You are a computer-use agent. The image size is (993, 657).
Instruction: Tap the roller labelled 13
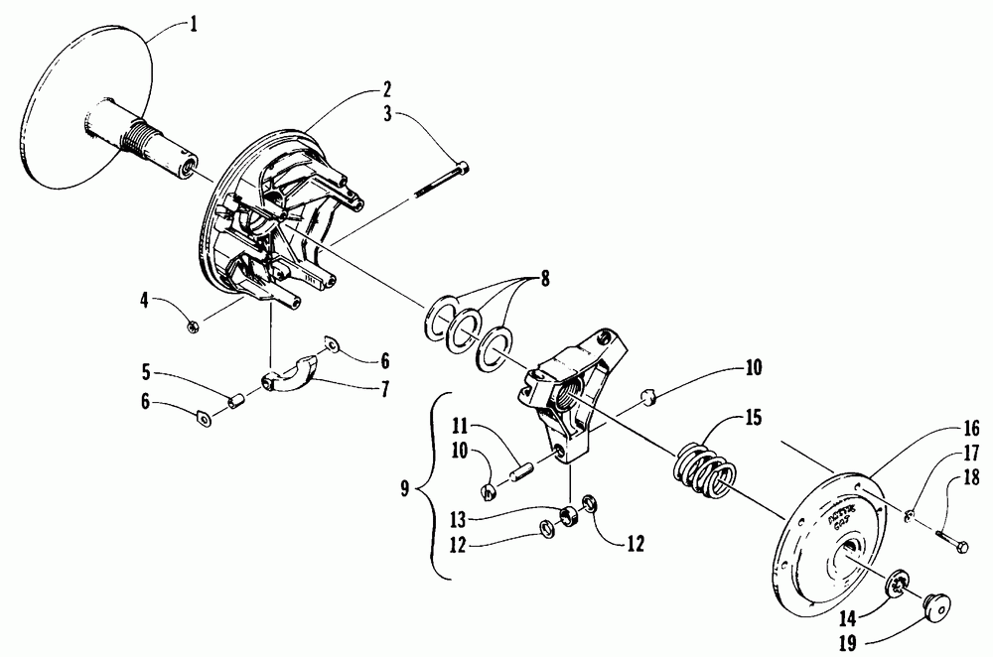571,516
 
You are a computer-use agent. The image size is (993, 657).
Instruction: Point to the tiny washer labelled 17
911,513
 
